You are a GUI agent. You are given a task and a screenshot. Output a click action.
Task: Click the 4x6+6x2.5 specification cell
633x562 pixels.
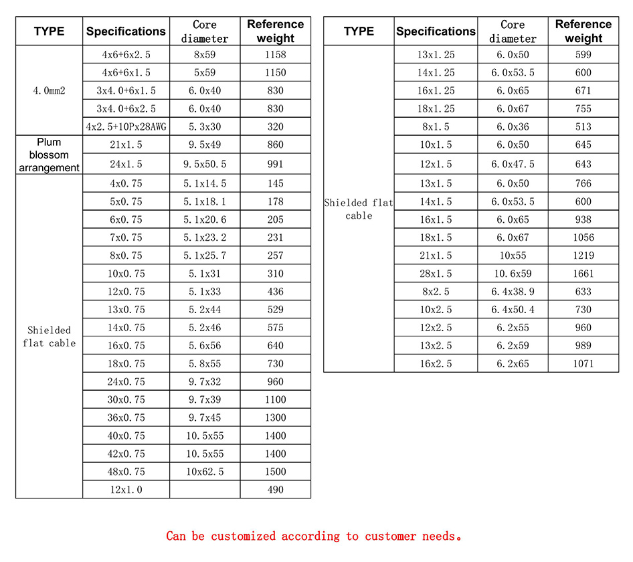point(126,54)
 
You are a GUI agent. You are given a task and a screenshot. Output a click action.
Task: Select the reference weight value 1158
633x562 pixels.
point(275,54)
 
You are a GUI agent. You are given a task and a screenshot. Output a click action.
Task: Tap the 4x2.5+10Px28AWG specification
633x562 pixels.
point(126,126)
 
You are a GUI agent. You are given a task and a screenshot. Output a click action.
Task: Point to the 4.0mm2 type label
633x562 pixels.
point(49,90)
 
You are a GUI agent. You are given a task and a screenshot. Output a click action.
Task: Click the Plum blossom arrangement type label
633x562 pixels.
point(49,155)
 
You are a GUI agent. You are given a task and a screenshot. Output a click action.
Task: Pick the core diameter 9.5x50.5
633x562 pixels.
point(205,164)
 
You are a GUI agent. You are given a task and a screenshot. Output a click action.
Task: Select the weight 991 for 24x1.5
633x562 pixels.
point(275,164)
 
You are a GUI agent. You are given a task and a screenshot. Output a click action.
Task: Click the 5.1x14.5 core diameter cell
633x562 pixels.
point(205,183)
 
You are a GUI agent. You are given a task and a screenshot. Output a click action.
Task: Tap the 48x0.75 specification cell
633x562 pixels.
point(126,472)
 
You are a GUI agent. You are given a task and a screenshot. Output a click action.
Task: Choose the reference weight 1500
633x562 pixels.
point(275,472)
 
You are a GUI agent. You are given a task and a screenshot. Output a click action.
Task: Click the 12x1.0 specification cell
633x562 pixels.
point(126,490)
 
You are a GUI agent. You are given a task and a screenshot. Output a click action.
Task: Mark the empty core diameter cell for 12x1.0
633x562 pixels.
point(205,490)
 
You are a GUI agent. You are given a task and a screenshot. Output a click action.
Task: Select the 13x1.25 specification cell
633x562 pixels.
point(436,54)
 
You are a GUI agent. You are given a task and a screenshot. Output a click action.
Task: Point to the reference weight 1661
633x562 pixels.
point(583,274)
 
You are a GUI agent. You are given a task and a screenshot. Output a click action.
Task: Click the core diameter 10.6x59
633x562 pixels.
point(513,274)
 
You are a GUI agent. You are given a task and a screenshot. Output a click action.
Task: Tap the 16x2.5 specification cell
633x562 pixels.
point(436,364)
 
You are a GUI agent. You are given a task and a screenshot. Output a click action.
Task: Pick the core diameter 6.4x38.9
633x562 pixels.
point(513,292)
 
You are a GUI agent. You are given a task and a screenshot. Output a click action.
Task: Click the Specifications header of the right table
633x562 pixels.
point(436,31)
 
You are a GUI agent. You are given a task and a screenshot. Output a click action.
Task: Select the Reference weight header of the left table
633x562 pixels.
point(275,31)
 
